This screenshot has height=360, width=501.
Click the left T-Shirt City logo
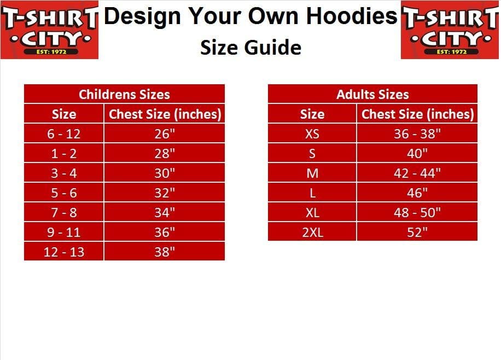(x=49, y=30)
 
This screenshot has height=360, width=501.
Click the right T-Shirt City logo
(x=450, y=30)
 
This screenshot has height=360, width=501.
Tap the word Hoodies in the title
(x=352, y=16)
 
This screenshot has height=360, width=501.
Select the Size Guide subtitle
(x=251, y=47)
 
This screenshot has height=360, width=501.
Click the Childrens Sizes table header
(x=124, y=94)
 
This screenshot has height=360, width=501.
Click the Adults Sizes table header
(x=372, y=94)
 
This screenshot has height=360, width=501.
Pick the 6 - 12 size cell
(x=64, y=133)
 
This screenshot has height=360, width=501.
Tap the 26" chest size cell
(x=165, y=133)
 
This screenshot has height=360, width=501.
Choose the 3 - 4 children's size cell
(x=64, y=173)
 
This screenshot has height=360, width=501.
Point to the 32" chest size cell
(x=165, y=193)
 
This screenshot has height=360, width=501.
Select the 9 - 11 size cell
(x=64, y=232)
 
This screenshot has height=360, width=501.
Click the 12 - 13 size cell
(x=64, y=252)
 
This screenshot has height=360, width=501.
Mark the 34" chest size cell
(x=165, y=212)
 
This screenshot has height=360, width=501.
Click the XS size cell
(x=312, y=133)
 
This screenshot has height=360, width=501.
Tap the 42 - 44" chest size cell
(x=417, y=173)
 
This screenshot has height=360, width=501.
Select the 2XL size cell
(x=312, y=232)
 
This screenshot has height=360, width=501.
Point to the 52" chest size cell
(x=417, y=232)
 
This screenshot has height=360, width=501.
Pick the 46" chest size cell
(x=417, y=193)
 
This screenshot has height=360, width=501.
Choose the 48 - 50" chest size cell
(x=417, y=212)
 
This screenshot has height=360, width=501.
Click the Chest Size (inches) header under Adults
(x=417, y=114)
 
